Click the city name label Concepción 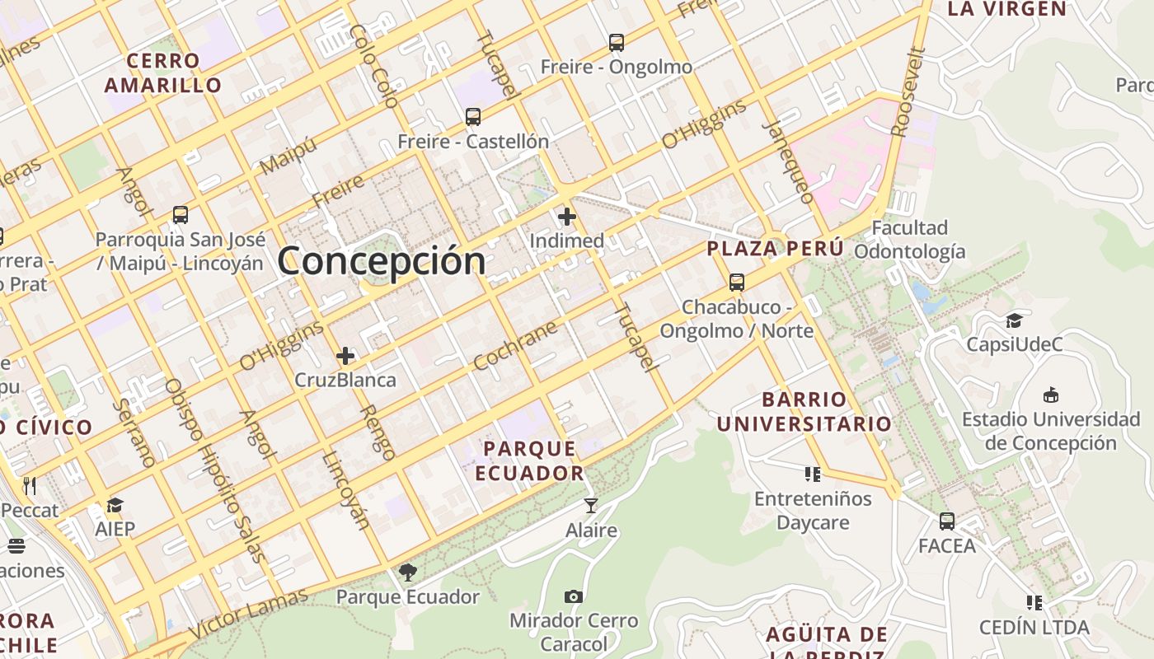382,261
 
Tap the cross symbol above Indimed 567,217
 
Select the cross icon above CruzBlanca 345,356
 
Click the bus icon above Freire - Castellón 473,117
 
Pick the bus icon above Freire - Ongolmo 617,43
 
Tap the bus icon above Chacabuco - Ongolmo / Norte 737,283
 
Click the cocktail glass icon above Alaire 591,505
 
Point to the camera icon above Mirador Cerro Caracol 574,596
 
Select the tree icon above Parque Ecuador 407,572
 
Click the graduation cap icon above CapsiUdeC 1014,320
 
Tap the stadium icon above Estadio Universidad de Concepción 1051,395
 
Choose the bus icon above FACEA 947,521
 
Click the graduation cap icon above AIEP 115,505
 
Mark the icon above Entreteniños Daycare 813,474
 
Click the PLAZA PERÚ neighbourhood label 775,248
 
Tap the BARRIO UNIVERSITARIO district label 804,412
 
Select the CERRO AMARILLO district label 163,72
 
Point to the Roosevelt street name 909,91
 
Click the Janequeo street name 789,161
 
